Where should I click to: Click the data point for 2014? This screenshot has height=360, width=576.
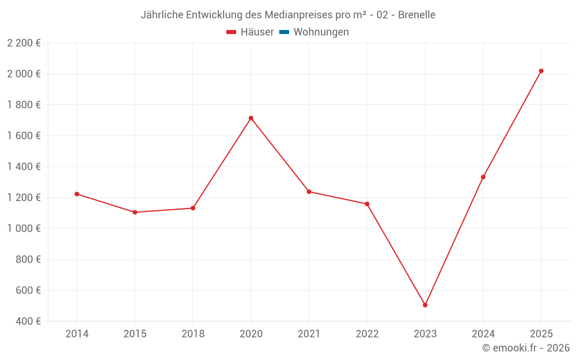77,194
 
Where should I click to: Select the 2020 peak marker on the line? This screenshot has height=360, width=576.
251,118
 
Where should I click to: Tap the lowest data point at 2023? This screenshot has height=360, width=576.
425,305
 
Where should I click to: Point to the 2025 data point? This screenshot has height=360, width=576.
541,71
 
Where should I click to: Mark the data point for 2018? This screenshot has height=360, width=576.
193,208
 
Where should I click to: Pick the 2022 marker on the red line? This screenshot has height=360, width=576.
367,204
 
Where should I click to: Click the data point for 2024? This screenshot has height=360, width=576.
483,177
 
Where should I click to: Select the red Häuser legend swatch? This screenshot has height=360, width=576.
232,32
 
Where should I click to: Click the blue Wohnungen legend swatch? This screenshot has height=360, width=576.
284,32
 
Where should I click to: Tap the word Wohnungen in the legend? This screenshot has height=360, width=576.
321,32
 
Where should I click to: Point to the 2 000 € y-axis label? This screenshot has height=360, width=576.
24,74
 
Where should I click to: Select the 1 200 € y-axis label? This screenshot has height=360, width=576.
24,198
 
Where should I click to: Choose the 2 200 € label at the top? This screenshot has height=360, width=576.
24,43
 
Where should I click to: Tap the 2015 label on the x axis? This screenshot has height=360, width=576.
135,334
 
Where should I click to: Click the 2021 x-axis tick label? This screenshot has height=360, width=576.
309,334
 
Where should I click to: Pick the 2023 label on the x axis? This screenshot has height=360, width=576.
425,334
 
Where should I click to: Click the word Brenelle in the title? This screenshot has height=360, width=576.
416,14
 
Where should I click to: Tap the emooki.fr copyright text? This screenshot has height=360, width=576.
526,348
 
